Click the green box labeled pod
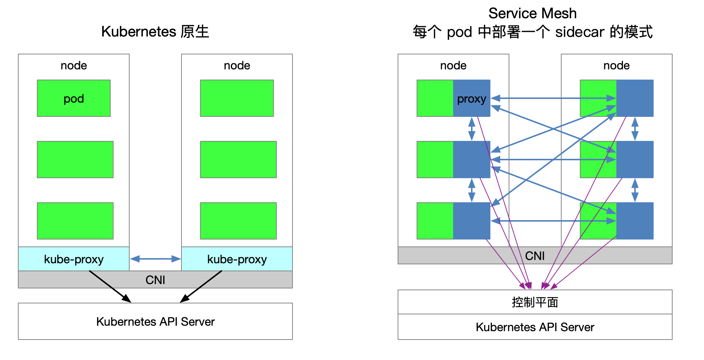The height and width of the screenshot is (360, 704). (74, 98)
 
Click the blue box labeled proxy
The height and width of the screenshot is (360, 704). (471, 98)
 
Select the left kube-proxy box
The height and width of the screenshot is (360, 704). (74, 259)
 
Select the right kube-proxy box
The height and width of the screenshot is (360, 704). (237, 259)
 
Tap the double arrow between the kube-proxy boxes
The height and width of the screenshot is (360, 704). (156, 259)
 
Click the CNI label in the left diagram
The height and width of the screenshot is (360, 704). (156, 280)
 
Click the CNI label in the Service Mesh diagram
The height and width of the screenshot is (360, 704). (535, 256)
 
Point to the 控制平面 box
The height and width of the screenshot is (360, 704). (535, 302)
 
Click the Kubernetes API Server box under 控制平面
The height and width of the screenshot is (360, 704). (535, 327)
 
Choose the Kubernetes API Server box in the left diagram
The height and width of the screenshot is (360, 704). (156, 321)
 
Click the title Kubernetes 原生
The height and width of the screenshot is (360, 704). (155, 32)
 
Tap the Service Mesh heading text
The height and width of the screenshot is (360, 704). (532, 14)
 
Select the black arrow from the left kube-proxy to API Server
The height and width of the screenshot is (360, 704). (110, 287)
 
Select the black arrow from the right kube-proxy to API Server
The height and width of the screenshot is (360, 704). (201, 287)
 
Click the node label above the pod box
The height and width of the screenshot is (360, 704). (74, 65)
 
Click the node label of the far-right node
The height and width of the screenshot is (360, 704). (616, 65)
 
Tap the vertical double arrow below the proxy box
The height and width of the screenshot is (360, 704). (471, 129)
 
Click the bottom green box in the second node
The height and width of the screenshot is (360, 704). (238, 221)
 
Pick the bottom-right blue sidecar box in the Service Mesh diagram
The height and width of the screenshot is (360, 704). (635, 221)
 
